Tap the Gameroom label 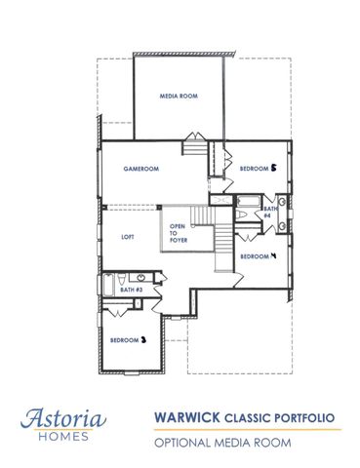[x=140, y=169]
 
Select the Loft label [x=127, y=237]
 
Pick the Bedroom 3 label [x=128, y=339]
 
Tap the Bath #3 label [x=132, y=290]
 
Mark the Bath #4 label [x=269, y=213]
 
